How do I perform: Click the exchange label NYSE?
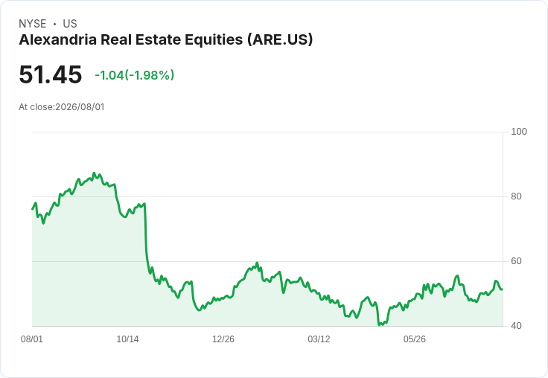(x=33, y=24)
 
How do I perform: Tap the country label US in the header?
(x=70, y=24)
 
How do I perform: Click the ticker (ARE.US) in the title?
(x=280, y=39)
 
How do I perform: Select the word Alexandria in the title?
(x=57, y=39)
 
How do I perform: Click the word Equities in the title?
(x=214, y=39)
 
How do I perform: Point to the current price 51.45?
(x=51, y=74)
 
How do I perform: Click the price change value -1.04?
(x=109, y=75)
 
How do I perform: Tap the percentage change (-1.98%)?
(x=149, y=75)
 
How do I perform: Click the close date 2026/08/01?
(x=80, y=107)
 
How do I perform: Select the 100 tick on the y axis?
(x=519, y=132)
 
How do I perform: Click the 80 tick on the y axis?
(x=516, y=196)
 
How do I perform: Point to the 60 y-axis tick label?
(x=516, y=261)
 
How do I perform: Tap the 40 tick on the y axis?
(x=516, y=326)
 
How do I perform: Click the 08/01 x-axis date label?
(x=32, y=339)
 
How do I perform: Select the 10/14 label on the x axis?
(x=127, y=339)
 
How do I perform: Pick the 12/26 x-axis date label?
(x=223, y=339)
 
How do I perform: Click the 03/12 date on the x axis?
(x=319, y=339)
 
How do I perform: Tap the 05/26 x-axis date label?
(x=415, y=339)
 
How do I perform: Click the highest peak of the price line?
(x=94, y=173)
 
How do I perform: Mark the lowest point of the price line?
(x=379, y=325)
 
